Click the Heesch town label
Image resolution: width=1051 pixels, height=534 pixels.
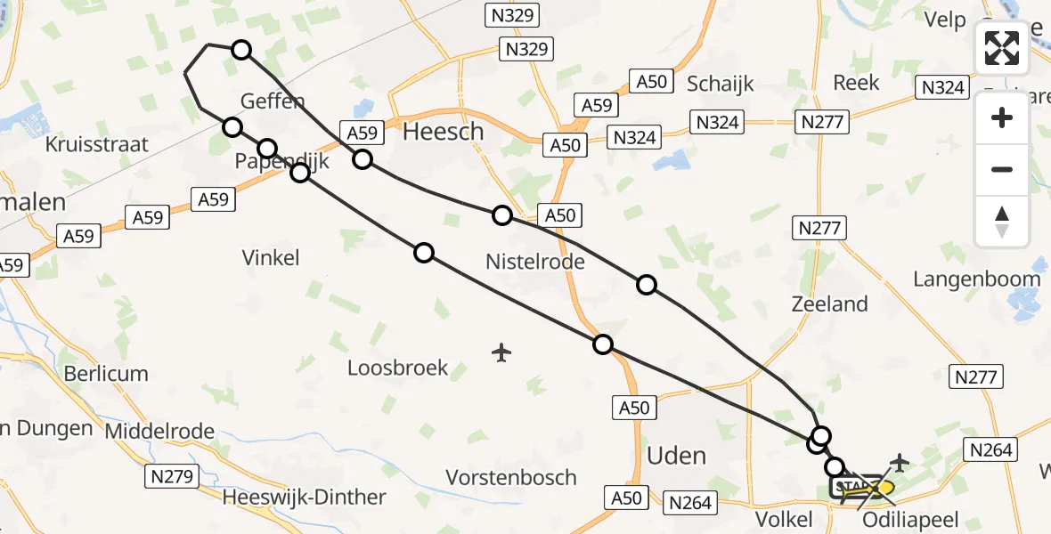(x=444, y=132)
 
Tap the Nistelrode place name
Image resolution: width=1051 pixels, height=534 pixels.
(x=534, y=262)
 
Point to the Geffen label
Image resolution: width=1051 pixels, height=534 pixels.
(x=273, y=101)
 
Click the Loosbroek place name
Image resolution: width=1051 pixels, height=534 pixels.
(x=397, y=368)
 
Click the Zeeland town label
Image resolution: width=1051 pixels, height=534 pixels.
(x=829, y=304)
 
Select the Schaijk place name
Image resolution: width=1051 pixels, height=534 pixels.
(x=721, y=84)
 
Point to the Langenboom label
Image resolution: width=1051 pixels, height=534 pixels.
(x=976, y=279)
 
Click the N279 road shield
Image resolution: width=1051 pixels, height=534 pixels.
(x=172, y=477)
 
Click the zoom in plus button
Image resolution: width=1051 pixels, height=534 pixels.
(x=1002, y=117)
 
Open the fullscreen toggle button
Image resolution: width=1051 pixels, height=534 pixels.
(x=1002, y=48)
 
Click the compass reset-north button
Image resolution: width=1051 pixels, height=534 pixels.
(x=1002, y=222)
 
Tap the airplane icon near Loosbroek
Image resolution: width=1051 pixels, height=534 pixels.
(x=501, y=352)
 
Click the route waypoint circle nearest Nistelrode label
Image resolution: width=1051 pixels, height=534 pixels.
(x=502, y=215)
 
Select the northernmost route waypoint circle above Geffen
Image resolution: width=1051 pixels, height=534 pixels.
(x=241, y=50)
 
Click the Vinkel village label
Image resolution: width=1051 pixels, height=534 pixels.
(x=271, y=258)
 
